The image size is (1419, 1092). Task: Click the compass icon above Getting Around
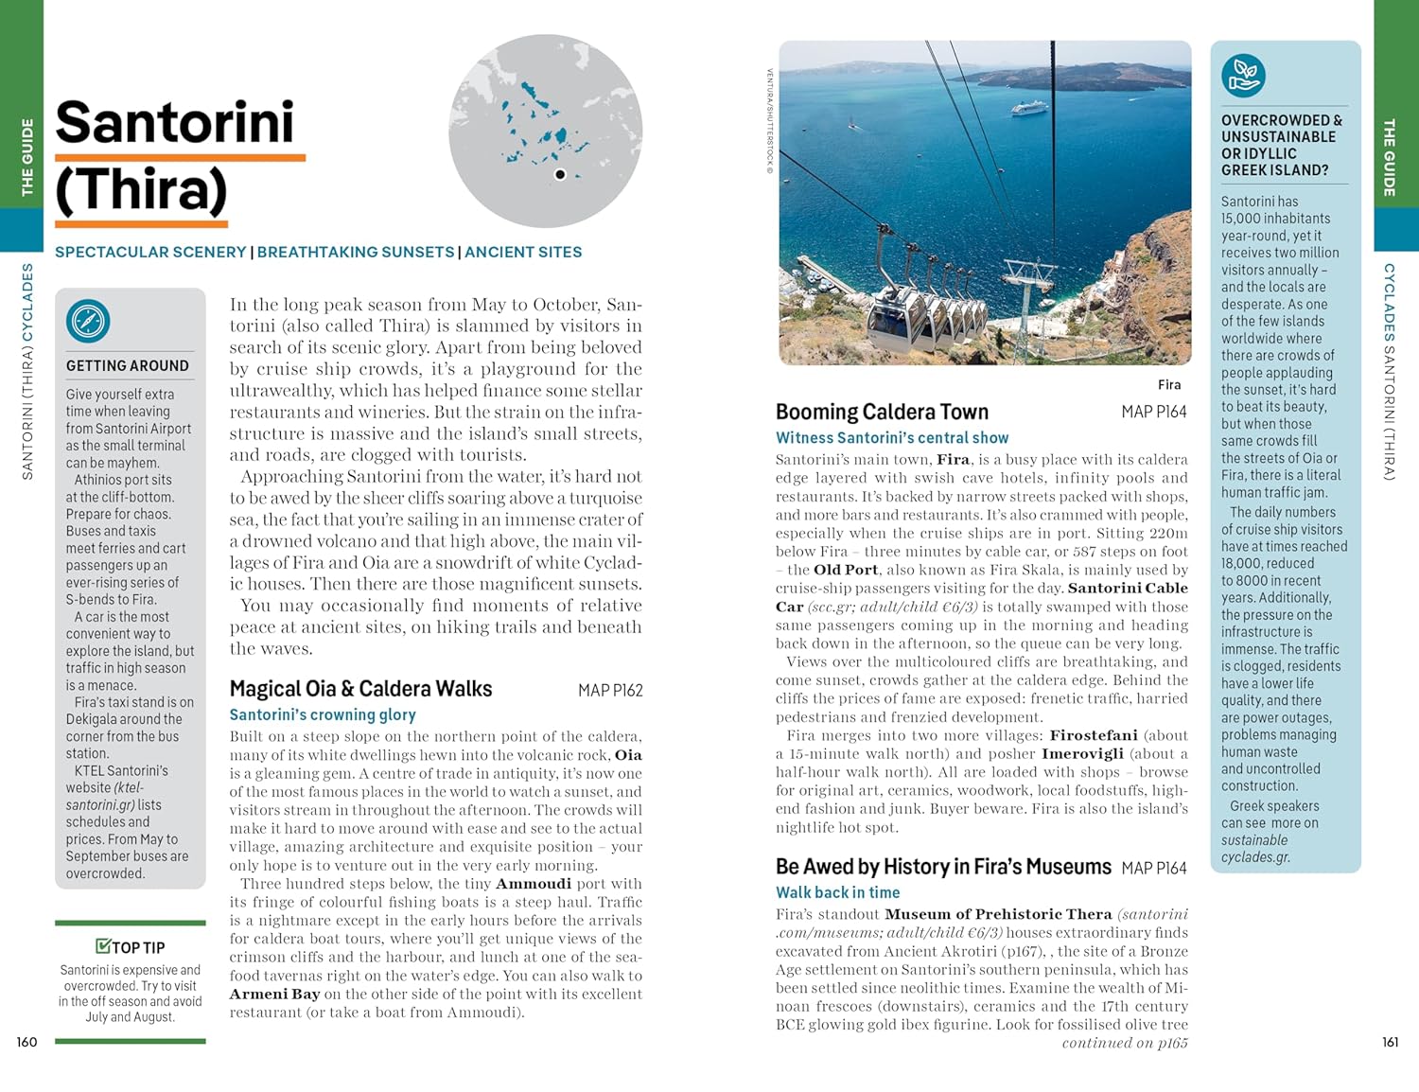(x=88, y=322)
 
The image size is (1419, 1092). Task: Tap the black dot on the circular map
(x=560, y=174)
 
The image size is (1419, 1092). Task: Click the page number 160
(x=26, y=1042)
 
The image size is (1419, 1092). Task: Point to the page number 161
(x=1390, y=1042)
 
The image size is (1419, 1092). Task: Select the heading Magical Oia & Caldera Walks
(x=360, y=689)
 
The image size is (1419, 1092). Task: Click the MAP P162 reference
(x=610, y=691)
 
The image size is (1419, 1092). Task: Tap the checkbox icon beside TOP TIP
(x=103, y=946)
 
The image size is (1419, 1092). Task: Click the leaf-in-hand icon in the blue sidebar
(x=1243, y=77)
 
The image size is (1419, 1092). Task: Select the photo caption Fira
(x=1169, y=385)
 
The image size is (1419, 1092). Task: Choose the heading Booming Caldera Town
(x=882, y=412)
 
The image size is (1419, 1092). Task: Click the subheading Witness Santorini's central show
(x=892, y=438)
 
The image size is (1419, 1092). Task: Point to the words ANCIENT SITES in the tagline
(x=523, y=253)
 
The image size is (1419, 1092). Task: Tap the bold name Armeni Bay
(x=274, y=995)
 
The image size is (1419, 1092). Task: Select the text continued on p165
(x=1124, y=1043)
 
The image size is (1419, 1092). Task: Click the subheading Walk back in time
(x=837, y=892)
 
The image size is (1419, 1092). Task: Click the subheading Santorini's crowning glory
(x=323, y=715)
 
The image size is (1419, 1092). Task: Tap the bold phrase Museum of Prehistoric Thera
(x=998, y=914)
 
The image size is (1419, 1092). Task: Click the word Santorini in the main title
(x=175, y=123)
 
